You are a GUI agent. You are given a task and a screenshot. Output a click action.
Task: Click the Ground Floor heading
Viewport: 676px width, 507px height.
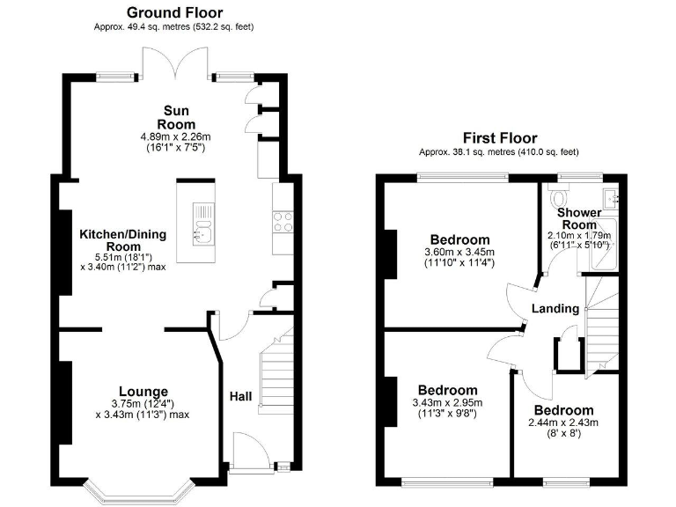pyautogui.click(x=174, y=12)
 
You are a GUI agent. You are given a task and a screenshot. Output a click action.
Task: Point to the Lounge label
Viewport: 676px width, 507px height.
pyautogui.click(x=143, y=392)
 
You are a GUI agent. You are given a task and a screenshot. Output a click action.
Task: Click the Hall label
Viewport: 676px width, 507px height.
pyautogui.click(x=240, y=397)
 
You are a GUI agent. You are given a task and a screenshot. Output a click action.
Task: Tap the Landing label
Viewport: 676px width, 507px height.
pyautogui.click(x=555, y=308)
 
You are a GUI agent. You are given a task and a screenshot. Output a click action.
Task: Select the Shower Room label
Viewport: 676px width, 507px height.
pyautogui.click(x=579, y=218)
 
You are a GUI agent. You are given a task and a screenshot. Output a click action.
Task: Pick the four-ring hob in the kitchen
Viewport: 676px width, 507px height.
pyautogui.click(x=283, y=222)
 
